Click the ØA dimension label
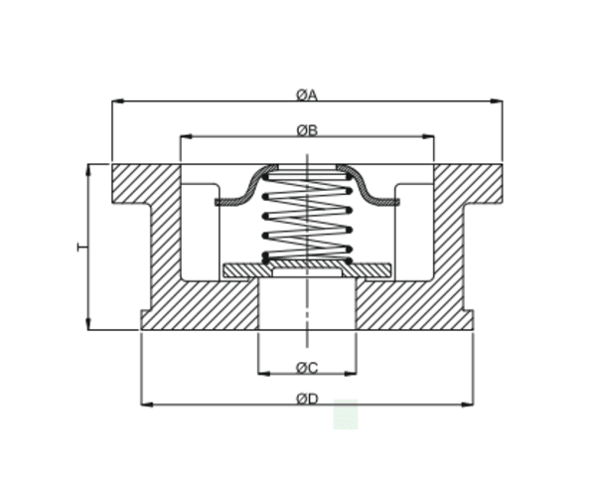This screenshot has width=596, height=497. (x=306, y=95)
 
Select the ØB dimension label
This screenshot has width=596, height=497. (x=306, y=130)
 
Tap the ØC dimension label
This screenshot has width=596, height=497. (x=306, y=368)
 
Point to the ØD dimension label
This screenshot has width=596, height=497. (x=306, y=400)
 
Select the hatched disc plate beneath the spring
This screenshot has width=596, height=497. (x=306, y=269)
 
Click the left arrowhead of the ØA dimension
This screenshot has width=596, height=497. (x=116, y=101)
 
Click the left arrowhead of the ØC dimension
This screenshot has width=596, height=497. (x=262, y=374)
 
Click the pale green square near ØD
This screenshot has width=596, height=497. (x=345, y=414)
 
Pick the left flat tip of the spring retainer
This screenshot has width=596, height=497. (x=221, y=202)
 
